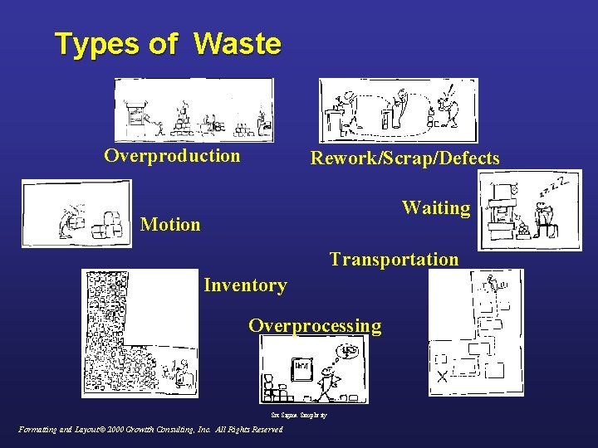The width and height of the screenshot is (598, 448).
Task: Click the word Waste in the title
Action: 238,43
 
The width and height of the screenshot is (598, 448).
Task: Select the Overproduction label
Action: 172,156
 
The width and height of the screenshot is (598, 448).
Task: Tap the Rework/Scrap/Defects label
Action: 404,158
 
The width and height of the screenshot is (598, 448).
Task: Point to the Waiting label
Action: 436,207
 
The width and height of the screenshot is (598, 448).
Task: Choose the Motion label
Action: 170,224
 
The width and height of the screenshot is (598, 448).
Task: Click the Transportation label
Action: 394,259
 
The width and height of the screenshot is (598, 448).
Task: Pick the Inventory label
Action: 245,285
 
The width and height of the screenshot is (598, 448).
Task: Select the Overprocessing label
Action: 315,325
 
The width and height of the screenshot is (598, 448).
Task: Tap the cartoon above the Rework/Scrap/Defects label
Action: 399,110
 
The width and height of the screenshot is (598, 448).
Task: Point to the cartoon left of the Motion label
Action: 76,213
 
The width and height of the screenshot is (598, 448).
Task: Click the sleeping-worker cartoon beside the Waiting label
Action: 530,209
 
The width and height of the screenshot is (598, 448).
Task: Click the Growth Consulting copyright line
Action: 150,430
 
